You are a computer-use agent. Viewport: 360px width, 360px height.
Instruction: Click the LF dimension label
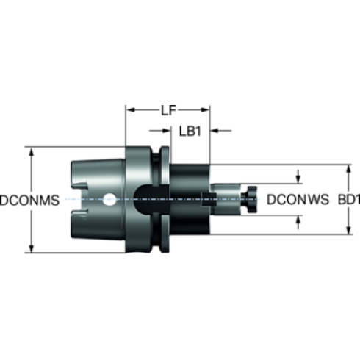[x=169, y=110]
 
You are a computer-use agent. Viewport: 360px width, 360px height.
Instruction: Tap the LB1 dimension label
[x=190, y=132]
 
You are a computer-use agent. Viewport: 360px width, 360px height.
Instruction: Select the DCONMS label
[x=30, y=200]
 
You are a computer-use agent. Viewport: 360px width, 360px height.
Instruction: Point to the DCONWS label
[x=298, y=199]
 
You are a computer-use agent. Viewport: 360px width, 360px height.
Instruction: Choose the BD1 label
[x=349, y=199]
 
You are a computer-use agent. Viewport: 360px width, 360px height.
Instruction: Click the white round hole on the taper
[x=109, y=199]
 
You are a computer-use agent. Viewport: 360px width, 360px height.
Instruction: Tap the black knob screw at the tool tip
[x=249, y=199]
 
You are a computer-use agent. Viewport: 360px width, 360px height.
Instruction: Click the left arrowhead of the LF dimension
[x=130, y=110]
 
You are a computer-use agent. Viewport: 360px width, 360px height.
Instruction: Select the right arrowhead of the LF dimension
[x=205, y=110]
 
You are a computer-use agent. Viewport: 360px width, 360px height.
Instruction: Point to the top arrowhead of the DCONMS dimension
[x=31, y=152]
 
